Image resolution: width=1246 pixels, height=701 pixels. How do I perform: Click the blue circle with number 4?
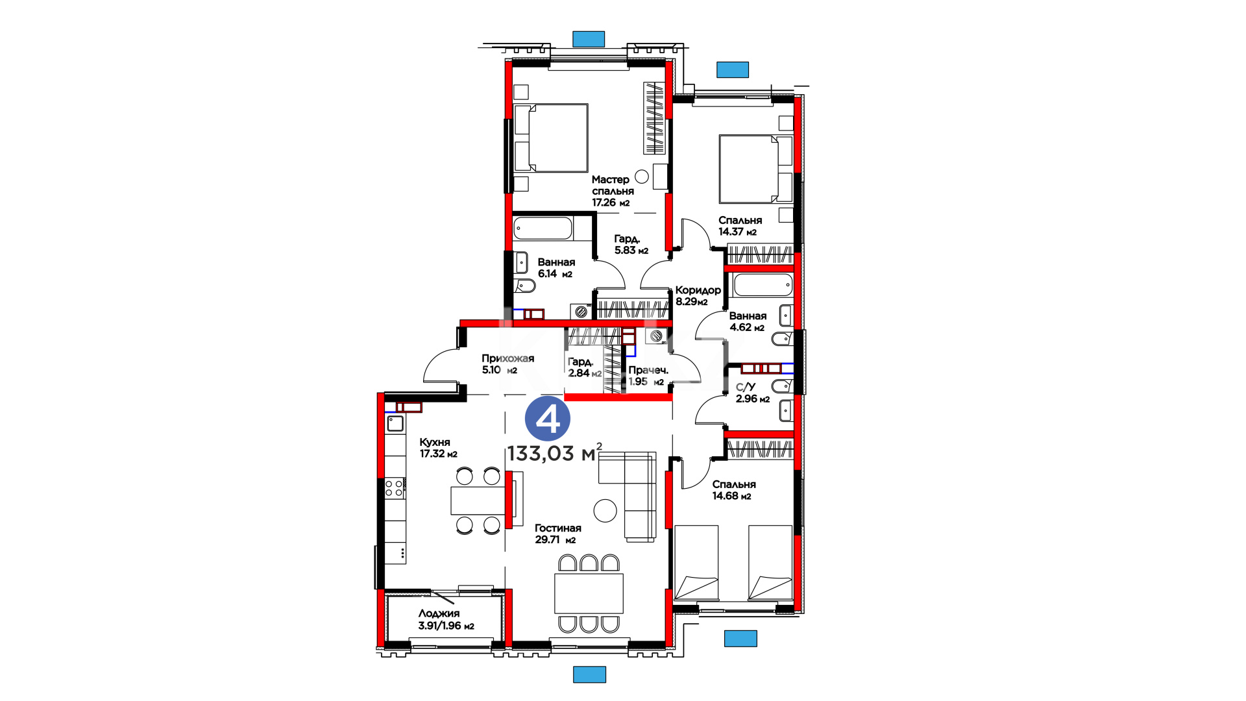click(x=548, y=419)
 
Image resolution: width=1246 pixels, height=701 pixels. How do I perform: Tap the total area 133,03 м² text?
click(x=555, y=452)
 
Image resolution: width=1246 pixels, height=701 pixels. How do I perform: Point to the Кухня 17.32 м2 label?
click(x=438, y=448)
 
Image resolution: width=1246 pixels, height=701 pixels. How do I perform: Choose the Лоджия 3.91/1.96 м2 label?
click(x=446, y=619)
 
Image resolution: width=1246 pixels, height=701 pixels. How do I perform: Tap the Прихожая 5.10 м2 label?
click(x=507, y=364)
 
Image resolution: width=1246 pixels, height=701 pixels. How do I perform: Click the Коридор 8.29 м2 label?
click(x=698, y=295)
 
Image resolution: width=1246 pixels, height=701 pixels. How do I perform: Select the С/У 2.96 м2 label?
click(x=752, y=393)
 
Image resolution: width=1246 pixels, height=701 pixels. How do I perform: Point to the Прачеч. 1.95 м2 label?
click(x=648, y=376)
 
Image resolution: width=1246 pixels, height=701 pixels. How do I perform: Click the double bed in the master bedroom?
click(x=551, y=138)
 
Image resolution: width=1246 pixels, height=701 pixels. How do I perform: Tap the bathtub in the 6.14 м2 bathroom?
click(x=543, y=228)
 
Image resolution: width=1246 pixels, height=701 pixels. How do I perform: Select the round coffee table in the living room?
click(x=605, y=510)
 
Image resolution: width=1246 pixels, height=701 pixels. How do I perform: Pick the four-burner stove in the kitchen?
click(x=395, y=488)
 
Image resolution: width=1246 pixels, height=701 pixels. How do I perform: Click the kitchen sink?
click(x=395, y=424)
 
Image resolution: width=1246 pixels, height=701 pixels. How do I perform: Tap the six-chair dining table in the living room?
click(x=589, y=593)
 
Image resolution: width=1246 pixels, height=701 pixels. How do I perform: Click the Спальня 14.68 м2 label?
click(x=733, y=490)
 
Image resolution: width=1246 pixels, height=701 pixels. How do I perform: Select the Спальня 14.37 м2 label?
click(x=740, y=226)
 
